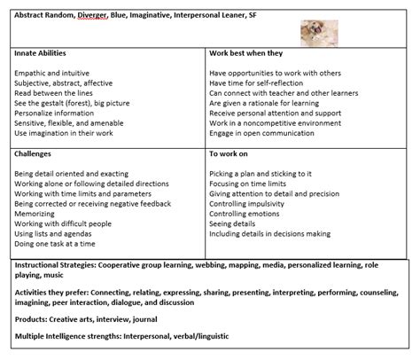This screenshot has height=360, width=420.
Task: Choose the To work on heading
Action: [x=229, y=153]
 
